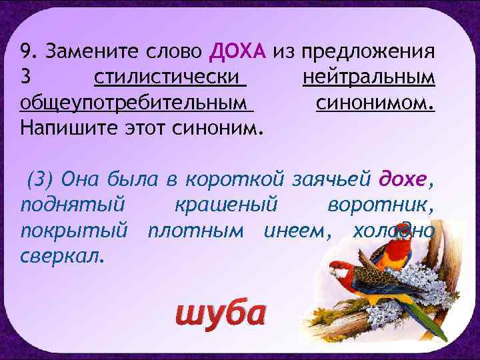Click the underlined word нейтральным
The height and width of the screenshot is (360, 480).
pyautogui.click(x=369, y=78)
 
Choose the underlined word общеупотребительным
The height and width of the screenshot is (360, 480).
pyautogui.click(x=137, y=104)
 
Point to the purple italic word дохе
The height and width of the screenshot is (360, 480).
pyautogui.click(x=404, y=179)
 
